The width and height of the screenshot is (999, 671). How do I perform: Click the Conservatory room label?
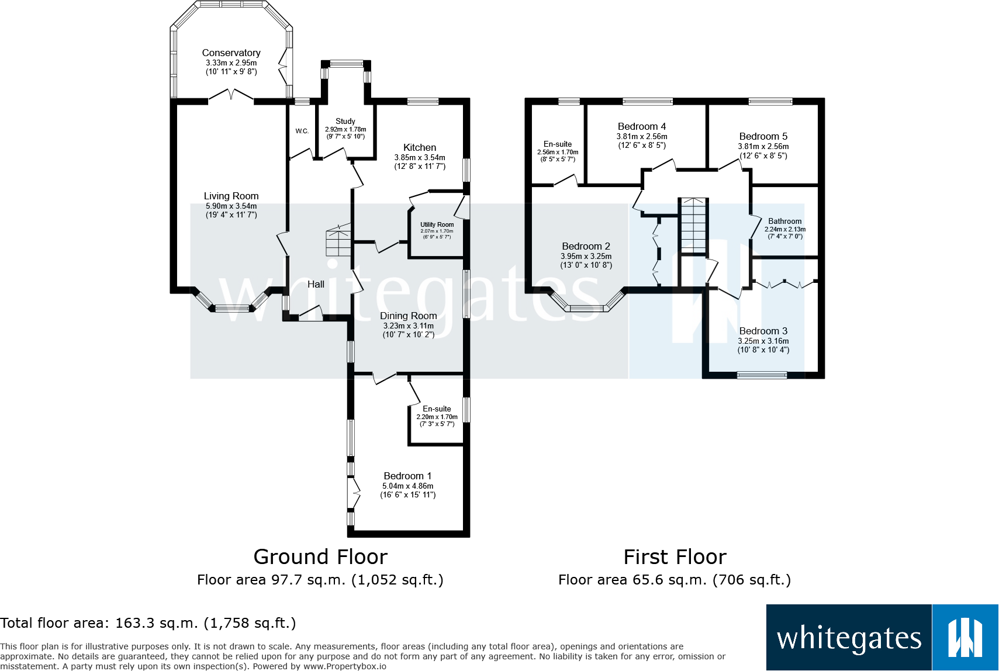point(231,53)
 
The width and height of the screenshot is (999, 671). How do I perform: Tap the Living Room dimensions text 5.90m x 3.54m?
point(231,206)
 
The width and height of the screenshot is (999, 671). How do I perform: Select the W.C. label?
point(302,131)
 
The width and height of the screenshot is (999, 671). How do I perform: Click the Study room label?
point(345,121)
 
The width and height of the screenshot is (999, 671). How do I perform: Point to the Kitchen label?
point(419,147)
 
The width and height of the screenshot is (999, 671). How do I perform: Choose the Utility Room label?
point(437,224)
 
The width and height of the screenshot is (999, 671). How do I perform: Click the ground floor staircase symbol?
point(338,240)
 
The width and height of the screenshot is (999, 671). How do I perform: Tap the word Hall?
point(316,284)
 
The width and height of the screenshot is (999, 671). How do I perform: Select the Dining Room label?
point(408,316)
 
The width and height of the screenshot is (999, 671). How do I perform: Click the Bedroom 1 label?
point(407,476)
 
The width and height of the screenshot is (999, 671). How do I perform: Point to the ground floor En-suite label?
point(437,409)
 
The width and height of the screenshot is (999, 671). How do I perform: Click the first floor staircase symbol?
point(693,225)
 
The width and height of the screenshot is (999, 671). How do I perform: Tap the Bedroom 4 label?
point(641,126)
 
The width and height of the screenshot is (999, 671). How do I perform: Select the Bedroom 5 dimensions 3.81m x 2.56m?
point(763,146)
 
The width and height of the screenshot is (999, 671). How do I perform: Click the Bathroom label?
point(784,221)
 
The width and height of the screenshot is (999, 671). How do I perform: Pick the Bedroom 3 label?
point(763,331)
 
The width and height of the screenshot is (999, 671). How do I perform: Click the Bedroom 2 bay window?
point(586,307)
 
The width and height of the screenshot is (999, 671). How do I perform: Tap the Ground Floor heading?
point(320,557)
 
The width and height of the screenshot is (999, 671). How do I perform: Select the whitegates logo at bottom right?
point(882,638)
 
